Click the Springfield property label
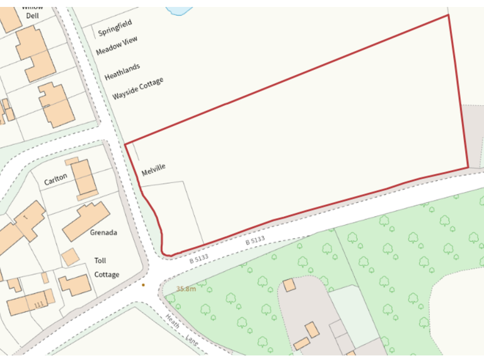click(115, 28)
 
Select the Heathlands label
click(122, 71)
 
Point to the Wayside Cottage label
click(137, 89)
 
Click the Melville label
click(153, 170)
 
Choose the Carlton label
click(55, 180)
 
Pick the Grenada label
click(103, 232)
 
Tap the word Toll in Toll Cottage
click(100, 260)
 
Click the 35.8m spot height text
click(186, 289)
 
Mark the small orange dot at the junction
click(143, 285)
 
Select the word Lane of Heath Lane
click(192, 340)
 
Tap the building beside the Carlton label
click(83, 178)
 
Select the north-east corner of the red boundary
click(448, 15)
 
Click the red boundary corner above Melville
click(125, 144)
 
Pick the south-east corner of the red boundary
click(468, 167)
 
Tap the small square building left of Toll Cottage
click(70, 256)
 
